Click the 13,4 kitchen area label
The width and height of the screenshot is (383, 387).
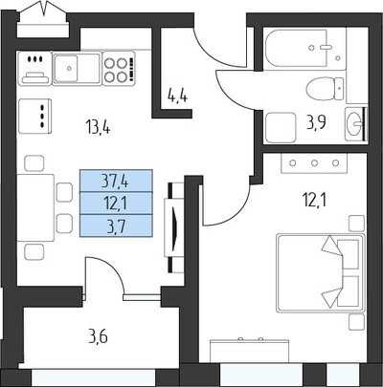pos(98,127)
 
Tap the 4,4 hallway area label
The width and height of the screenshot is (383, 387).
pos(177,96)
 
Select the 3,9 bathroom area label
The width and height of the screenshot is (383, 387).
pos(316,122)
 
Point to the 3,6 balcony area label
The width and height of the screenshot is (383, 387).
pos(98,336)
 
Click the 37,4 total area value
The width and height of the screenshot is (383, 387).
pos(115,181)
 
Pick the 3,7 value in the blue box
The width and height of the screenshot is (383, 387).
pos(116,226)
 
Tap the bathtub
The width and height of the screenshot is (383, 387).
pos(304,49)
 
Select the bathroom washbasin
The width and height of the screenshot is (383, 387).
pos(354,124)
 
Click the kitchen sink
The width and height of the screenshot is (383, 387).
pos(77,69)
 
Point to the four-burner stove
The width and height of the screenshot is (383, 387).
pos(119,68)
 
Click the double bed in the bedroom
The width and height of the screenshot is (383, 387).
pos(321,273)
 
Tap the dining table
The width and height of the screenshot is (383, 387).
pos(35,207)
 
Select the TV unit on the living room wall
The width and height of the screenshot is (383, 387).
pos(174,227)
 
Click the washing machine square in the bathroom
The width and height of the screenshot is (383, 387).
pos(281,127)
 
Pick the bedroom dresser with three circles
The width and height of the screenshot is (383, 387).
pos(314,163)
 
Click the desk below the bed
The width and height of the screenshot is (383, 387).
pos(249,351)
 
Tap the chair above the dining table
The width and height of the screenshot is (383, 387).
pos(34,163)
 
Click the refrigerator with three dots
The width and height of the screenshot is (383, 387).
pos(34,117)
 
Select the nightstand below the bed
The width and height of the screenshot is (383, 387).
pos(356,322)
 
